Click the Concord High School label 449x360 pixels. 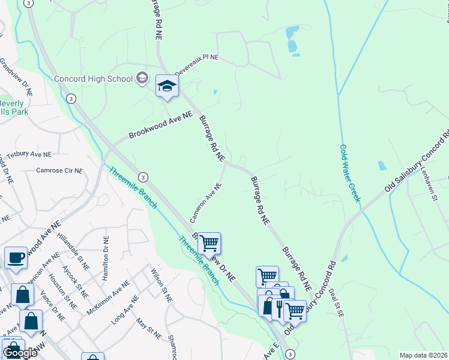pos(93,79)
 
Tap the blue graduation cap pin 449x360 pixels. pos(167,86)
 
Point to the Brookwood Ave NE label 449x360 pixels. pos(160,125)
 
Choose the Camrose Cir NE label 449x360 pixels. pos(59,170)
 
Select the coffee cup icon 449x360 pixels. pos(16,258)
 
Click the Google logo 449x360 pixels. pos(20,353)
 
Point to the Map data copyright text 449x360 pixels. pos(423,355)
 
